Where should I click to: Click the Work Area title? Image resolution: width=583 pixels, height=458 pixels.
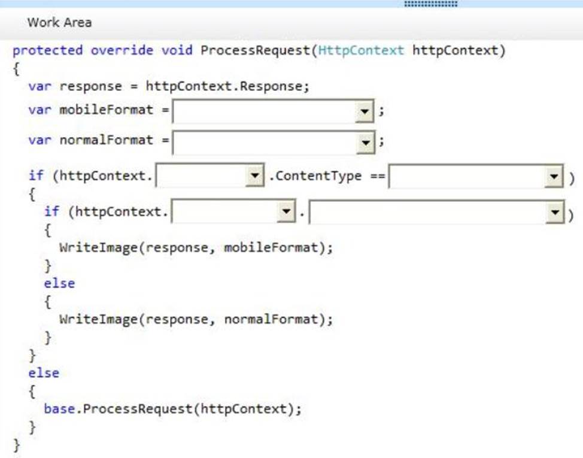[59, 22]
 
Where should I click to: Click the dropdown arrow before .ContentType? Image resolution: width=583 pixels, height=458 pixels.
[255, 175]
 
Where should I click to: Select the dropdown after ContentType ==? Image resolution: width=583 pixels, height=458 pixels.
[476, 176]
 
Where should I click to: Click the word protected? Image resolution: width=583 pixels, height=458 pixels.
[48, 50]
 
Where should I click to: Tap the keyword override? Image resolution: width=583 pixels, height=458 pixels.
[122, 50]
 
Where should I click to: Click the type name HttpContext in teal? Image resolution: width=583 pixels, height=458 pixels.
[361, 50]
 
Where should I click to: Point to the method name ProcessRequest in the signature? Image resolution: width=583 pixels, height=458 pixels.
[256, 50]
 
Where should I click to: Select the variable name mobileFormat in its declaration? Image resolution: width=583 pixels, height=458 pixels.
[107, 110]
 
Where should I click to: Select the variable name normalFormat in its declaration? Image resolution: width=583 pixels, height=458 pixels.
[107, 140]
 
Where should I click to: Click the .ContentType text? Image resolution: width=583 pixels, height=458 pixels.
[315, 176]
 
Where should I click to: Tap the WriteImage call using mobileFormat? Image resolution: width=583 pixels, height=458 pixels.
[196, 248]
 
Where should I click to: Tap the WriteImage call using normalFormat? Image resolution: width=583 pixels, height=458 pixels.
[196, 319]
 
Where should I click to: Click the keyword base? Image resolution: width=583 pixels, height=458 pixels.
[59, 409]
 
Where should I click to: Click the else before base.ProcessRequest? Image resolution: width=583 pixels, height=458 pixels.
[44, 373]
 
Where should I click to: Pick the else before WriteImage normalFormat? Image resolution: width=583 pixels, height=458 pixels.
[59, 283]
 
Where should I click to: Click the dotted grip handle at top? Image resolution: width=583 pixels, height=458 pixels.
[431, 4]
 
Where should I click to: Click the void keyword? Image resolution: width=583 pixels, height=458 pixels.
[177, 50]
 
